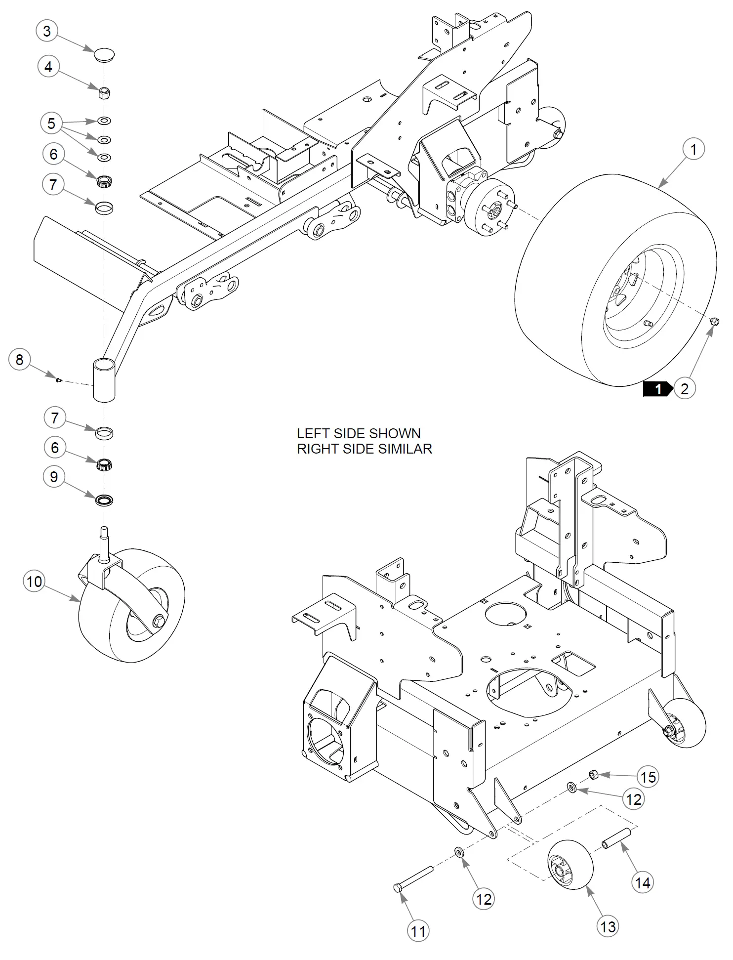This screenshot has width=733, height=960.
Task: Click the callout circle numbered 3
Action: [47, 31]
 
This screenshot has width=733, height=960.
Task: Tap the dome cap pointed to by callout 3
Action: [104, 54]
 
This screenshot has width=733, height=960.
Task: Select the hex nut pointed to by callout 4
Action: [104, 92]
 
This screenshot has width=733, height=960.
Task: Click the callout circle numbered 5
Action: [51, 123]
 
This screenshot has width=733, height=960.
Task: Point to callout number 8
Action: [20, 360]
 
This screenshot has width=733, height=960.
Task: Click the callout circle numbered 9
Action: [54, 477]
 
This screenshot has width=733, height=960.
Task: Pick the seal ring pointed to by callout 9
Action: [104, 500]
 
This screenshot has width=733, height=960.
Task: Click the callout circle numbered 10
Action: [35, 581]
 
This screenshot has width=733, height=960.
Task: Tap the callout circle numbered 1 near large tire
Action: [693, 149]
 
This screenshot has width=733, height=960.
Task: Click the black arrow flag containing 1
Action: [657, 389]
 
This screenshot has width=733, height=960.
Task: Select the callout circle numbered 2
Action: [684, 389]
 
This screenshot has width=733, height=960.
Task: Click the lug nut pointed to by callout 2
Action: [714, 322]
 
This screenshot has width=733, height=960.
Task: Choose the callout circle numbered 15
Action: [648, 777]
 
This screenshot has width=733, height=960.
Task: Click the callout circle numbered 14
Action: [643, 883]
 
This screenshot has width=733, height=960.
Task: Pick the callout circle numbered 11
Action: [418, 931]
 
